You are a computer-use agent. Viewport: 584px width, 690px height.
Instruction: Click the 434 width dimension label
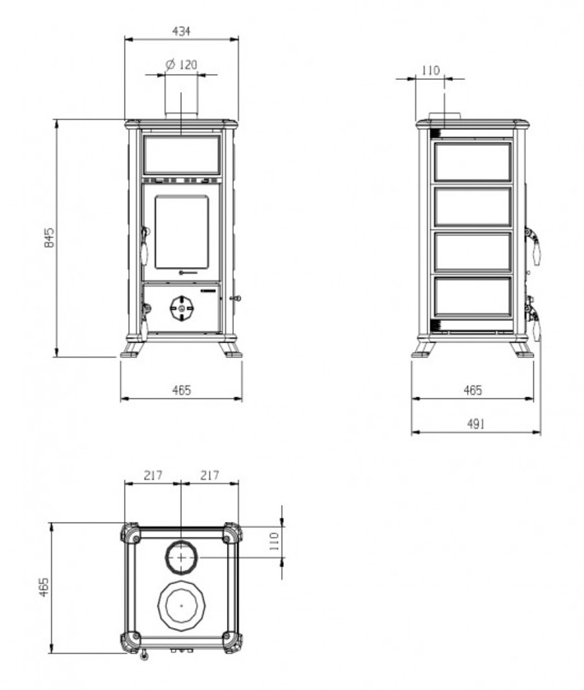(181, 31)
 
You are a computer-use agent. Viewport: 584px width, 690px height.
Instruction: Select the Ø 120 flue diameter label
(181, 65)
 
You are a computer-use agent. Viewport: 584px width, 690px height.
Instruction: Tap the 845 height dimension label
(49, 238)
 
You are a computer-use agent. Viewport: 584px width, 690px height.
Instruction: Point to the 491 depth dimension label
(475, 424)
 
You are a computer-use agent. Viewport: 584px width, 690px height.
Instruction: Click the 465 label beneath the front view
(181, 391)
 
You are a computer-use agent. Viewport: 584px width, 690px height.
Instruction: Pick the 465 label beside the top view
(44, 587)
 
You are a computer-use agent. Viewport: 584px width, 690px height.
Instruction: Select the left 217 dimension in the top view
(153, 475)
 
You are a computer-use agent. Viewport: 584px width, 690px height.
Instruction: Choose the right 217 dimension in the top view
(210, 475)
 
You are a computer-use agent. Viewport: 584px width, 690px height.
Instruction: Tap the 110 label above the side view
(430, 71)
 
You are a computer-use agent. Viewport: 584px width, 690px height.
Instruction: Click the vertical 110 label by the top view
(274, 541)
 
